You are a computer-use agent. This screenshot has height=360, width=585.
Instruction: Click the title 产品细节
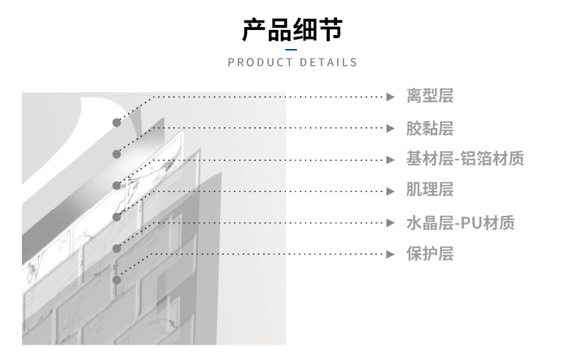(x=292, y=30)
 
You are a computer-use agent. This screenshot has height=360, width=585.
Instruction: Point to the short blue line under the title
(x=292, y=49)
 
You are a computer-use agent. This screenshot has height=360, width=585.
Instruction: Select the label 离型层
(x=430, y=96)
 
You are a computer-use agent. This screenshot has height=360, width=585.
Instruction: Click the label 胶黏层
(x=430, y=128)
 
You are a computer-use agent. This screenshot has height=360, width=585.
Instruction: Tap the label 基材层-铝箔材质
(x=465, y=159)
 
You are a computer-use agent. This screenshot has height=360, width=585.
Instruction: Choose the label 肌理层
(x=430, y=190)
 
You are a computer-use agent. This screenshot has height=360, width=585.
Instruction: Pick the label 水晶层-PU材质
(x=461, y=222)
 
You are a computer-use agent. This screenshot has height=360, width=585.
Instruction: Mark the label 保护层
(x=430, y=254)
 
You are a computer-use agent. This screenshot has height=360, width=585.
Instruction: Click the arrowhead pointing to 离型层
(x=390, y=97)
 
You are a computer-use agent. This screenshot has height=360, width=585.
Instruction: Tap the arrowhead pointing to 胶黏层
(x=390, y=128)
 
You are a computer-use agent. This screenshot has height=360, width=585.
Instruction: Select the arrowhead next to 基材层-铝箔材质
(x=390, y=160)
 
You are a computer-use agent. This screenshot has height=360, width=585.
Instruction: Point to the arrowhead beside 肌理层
(x=390, y=191)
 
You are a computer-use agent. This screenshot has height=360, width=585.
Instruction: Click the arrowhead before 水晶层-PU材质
(x=390, y=222)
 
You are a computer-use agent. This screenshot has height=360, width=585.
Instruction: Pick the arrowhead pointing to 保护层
(x=390, y=254)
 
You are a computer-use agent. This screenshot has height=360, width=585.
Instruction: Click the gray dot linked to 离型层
(x=116, y=122)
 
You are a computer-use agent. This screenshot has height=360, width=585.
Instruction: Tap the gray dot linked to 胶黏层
(x=116, y=154)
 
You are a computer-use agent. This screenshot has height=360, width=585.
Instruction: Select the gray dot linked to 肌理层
(x=116, y=217)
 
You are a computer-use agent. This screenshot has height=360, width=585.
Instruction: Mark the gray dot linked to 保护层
(x=116, y=280)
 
